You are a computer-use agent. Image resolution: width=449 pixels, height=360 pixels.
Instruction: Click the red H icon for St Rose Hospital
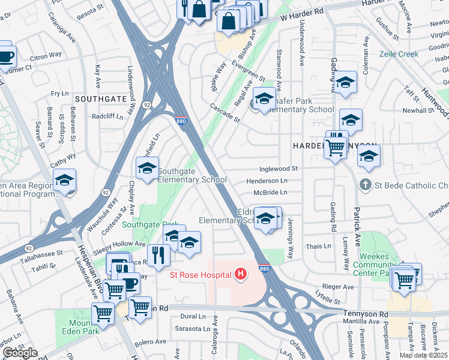(x=241, y=275)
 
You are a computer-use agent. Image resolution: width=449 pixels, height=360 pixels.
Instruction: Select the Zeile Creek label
(x=399, y=54)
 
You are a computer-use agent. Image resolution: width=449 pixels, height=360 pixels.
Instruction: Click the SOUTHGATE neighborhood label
(x=100, y=98)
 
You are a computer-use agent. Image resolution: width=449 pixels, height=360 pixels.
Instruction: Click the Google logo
(x=20, y=353)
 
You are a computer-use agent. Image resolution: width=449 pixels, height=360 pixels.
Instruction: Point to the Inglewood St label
(x=279, y=170)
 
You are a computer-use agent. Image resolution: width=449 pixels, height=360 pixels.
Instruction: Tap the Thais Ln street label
(x=318, y=246)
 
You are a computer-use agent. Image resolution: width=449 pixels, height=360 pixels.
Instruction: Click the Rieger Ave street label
(x=339, y=286)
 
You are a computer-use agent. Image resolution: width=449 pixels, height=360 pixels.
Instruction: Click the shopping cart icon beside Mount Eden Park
(x=103, y=313)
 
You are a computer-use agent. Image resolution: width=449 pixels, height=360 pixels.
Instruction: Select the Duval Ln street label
(x=193, y=316)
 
